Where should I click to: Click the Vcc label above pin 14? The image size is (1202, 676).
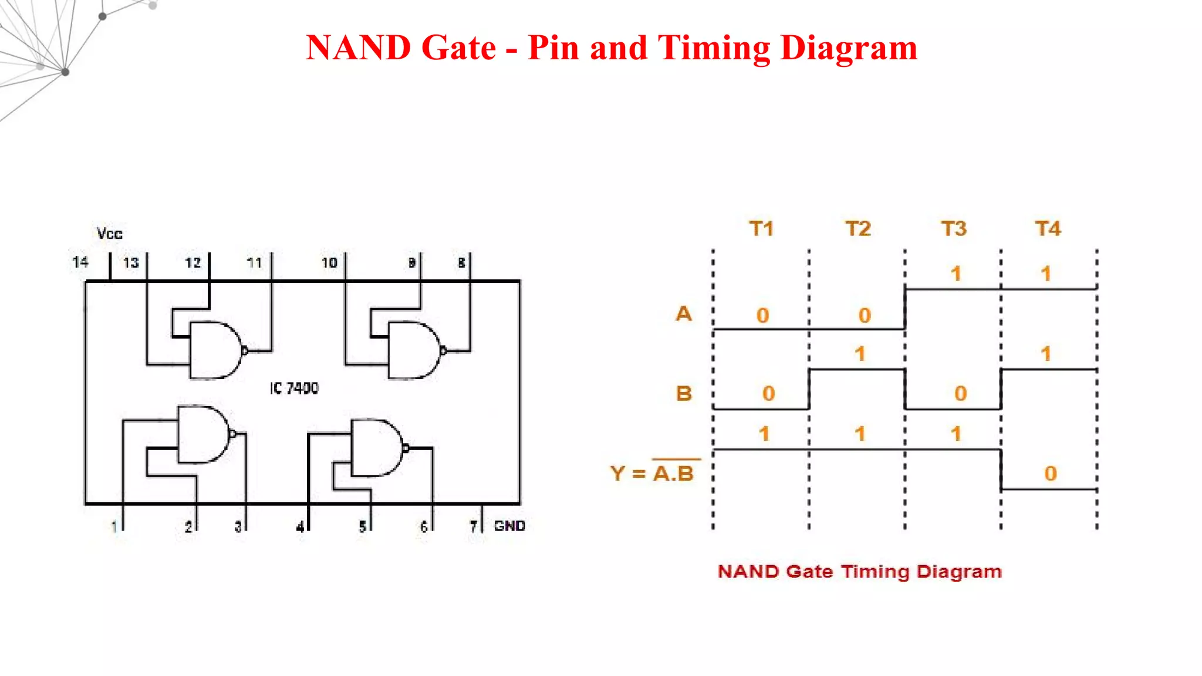coord(110,234)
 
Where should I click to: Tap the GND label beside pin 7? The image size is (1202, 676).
coord(509,526)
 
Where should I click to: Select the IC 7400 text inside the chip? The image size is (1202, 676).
coord(294,388)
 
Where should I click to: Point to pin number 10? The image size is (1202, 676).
coord(329,263)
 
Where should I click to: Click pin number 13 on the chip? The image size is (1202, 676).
coord(131,263)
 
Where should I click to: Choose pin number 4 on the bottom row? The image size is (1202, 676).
coord(300,526)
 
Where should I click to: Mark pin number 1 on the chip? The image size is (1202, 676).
coord(114,526)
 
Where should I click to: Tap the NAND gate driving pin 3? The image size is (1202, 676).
coord(203,434)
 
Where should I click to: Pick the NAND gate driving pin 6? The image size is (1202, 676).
coord(376,448)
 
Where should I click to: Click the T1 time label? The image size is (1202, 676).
coord(761,228)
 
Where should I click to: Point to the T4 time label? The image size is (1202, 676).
coord(1048,228)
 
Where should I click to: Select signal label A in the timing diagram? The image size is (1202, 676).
coord(684,313)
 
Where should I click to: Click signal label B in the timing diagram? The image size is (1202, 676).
coord(684,393)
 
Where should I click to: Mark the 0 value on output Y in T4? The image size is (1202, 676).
coord(1051,474)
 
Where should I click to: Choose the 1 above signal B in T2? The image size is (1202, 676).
coord(860,354)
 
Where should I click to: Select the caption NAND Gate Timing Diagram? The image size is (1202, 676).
coord(860,572)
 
